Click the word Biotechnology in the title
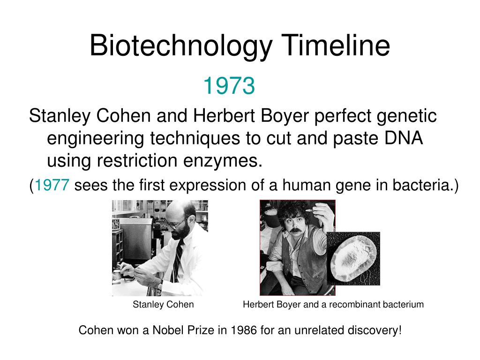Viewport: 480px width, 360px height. click(181, 46)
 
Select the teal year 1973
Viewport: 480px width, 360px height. click(229, 86)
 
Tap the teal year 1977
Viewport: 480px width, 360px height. click(52, 185)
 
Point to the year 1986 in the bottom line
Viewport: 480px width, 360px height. click(243, 330)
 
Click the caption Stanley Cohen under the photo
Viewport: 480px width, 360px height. click(163, 305)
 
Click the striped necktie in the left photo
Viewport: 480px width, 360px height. click(178, 261)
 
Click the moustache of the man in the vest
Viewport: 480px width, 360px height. click(294, 231)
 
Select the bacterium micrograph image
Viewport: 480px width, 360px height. click(353, 259)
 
